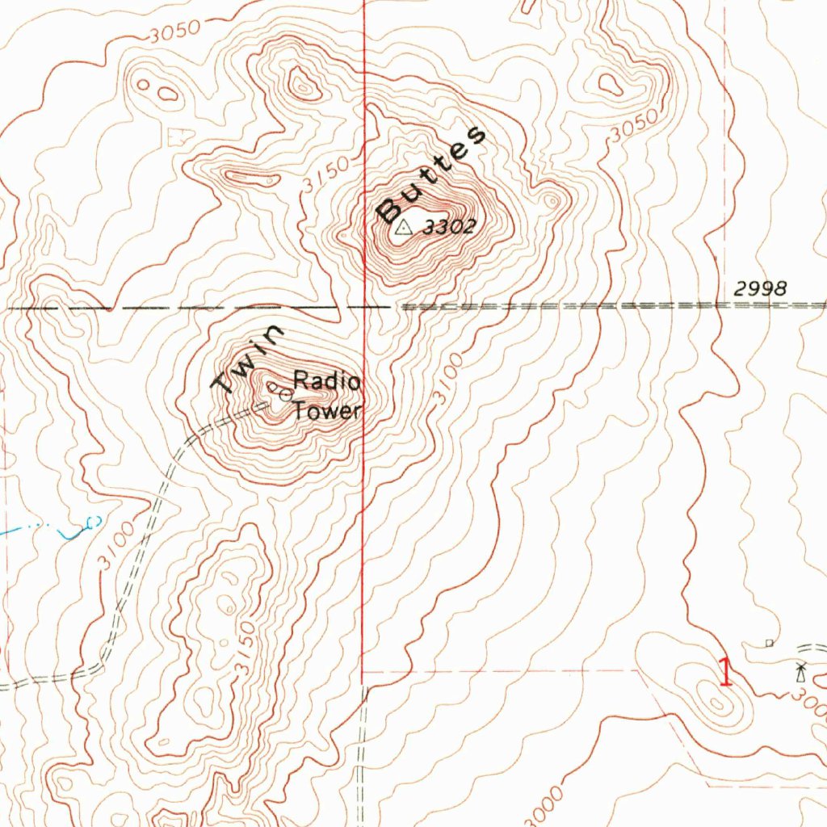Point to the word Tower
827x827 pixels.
[x=326, y=411]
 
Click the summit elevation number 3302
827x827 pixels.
[x=448, y=228]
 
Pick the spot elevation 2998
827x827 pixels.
[x=760, y=288]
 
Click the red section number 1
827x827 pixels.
[x=726, y=670]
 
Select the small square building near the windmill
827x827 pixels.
[x=769, y=644]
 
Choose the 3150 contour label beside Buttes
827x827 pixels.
[x=325, y=174]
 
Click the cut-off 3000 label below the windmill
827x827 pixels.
[x=809, y=703]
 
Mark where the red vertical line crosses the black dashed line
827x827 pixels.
[x=364, y=308]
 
